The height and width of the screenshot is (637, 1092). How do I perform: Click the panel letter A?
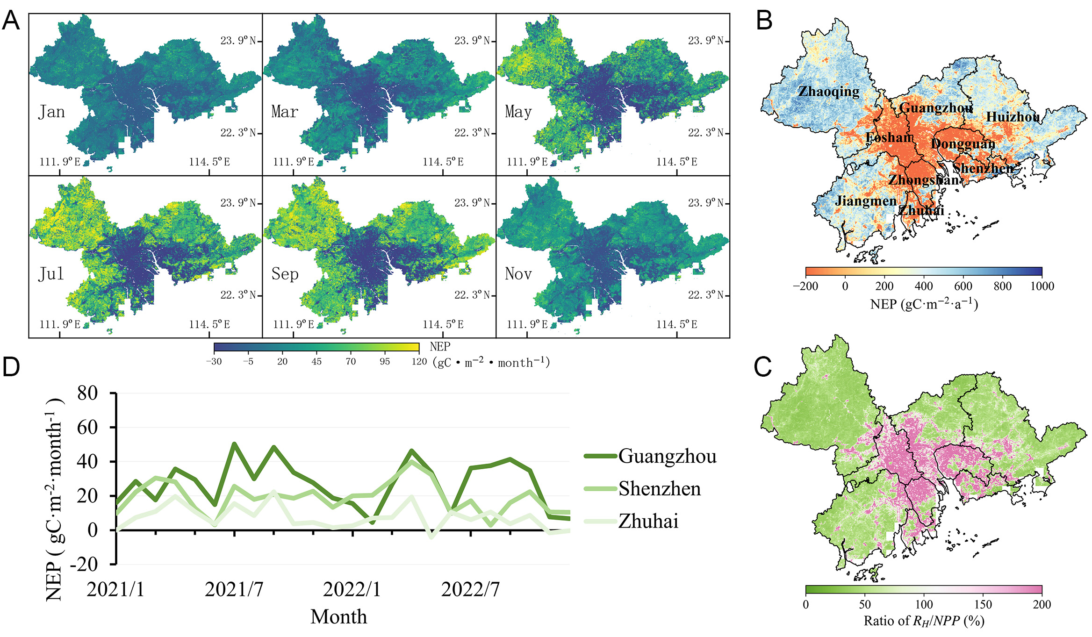pos(11,21)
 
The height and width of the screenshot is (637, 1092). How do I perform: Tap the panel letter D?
pos(11,367)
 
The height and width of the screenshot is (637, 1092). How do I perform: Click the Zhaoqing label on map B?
pos(828,92)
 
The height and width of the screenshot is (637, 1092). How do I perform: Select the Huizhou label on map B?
pos(1013,117)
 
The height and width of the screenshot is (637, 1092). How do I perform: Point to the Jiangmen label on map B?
pos(866,201)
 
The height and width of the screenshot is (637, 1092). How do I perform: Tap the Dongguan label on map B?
pos(963,143)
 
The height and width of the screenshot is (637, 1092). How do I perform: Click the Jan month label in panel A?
pos(51,112)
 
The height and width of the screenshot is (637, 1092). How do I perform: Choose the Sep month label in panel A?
pos(285,274)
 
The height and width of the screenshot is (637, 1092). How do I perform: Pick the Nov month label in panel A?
pos(518,274)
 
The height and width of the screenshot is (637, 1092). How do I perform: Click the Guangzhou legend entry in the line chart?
pos(667,456)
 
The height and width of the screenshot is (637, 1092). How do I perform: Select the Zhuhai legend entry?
pos(648,521)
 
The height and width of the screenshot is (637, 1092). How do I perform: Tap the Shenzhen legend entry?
pos(660,489)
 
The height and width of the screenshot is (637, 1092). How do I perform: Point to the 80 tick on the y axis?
pos(87,393)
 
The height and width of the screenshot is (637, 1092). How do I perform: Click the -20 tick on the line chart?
pos(84,564)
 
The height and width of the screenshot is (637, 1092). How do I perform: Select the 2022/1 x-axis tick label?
pos(352,589)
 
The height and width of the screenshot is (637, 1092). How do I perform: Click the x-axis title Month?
pos(338,617)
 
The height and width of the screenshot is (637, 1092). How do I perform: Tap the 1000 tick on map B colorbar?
pos(1042,286)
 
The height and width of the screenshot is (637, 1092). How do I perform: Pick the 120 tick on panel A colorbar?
pos(419,361)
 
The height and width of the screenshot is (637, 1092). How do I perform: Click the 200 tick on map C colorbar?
pos(1042,604)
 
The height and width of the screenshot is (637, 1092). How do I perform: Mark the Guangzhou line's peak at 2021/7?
pos(234,444)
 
